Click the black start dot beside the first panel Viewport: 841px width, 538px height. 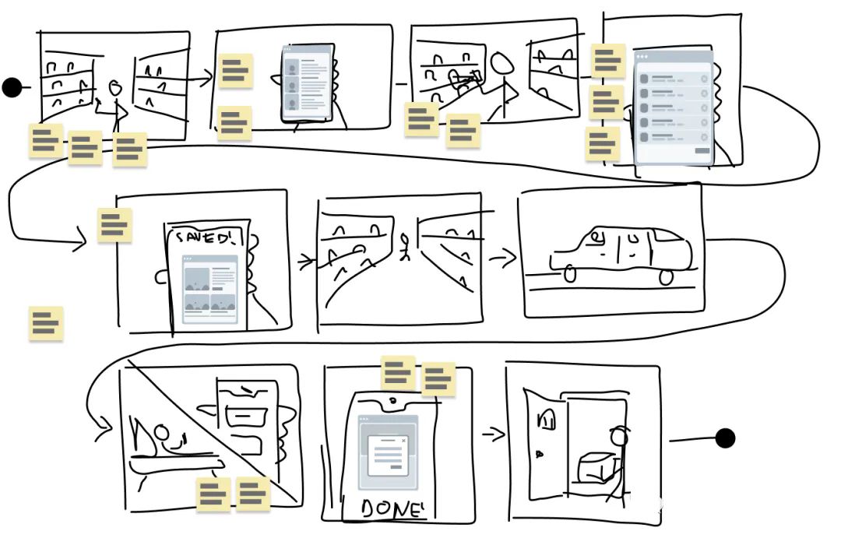[12, 87]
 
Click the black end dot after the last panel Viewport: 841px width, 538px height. [725, 438]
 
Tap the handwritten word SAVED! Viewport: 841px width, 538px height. [205, 237]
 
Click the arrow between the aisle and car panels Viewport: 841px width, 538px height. [502, 259]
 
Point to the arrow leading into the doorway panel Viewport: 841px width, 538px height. [494, 434]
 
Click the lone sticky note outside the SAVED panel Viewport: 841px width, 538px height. [46, 323]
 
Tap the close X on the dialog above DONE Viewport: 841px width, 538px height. [403, 441]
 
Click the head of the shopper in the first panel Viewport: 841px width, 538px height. [114, 88]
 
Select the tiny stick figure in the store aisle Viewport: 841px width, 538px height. [405, 247]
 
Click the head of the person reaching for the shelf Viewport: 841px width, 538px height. [502, 64]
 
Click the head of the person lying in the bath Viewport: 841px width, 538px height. [161, 432]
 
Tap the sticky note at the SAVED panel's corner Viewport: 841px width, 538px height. [114, 225]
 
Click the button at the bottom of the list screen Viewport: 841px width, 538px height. [702, 151]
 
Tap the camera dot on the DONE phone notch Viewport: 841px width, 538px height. [393, 400]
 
